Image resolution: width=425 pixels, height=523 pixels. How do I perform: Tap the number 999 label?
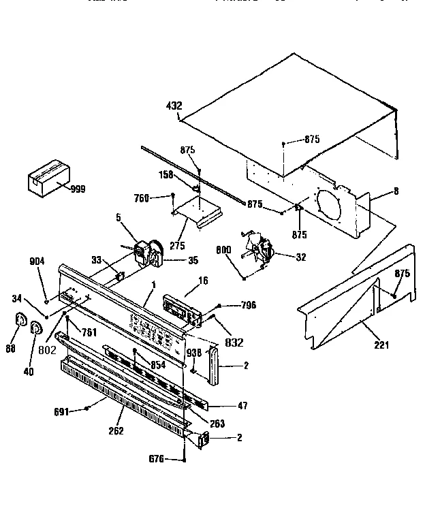click(78, 189)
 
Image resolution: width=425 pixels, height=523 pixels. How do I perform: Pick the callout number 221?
click(381, 345)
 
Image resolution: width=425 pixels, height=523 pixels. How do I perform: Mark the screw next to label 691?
click(89, 409)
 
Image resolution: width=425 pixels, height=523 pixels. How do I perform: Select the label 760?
click(160, 198)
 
